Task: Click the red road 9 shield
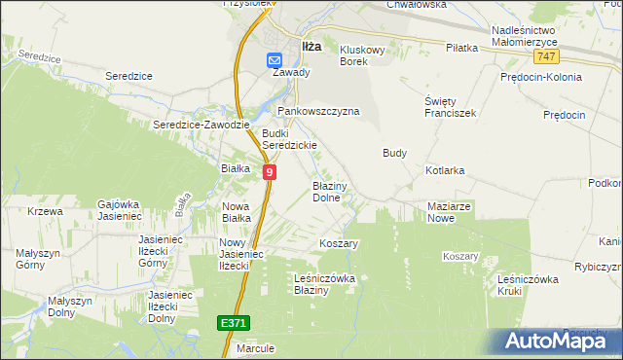pos(270,171)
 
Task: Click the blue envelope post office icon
pos(275,60)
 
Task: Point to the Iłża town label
pos(311,45)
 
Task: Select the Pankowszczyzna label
pos(319,111)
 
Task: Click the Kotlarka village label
pos(445,170)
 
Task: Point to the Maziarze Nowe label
pos(450,212)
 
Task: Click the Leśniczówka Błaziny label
pos(325,284)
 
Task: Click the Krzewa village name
pos(45,211)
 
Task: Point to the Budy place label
pos(394,153)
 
